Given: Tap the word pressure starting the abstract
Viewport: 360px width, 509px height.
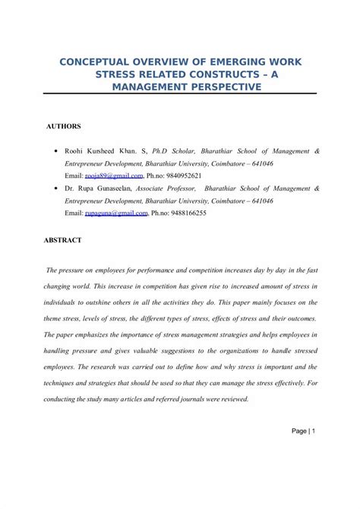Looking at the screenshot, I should (x=77, y=270).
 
